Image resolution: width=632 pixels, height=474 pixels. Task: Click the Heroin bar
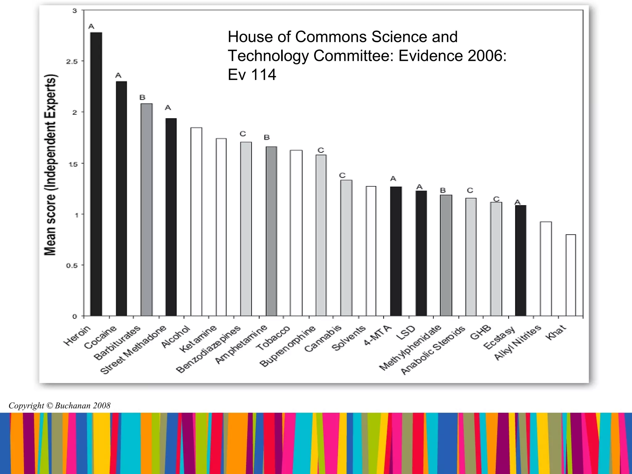pos(96,174)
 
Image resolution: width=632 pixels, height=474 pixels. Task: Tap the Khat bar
pos(571,275)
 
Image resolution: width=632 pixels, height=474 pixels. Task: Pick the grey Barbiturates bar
pos(147,210)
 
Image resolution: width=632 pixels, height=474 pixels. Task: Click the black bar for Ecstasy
pos(521,261)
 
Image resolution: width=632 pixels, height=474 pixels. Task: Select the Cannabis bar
pos(346,248)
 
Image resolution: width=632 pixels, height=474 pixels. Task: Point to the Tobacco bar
pos(296,233)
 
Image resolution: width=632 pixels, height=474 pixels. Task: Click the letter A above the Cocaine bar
pos(118,76)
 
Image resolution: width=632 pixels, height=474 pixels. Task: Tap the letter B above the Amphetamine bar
pos(267,138)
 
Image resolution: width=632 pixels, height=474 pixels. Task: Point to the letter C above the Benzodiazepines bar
pos(243,134)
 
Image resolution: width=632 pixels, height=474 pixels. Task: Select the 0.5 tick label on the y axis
pos(72,266)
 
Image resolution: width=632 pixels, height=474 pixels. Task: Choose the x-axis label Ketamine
pos(198,339)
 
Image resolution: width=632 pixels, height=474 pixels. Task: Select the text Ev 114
pos(252,75)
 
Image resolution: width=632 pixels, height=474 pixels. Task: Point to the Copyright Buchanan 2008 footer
pos(60,405)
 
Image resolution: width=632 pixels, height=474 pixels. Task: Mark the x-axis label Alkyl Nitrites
pos(518,343)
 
